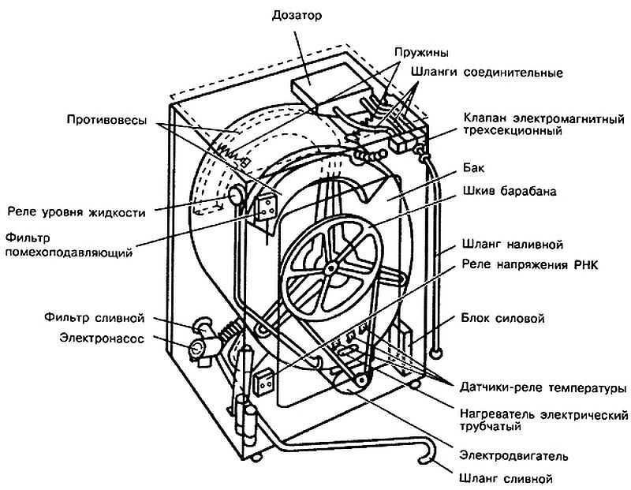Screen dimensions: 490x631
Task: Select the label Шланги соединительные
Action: coord(486,73)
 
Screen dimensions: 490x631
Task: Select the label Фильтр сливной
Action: coord(93,318)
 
